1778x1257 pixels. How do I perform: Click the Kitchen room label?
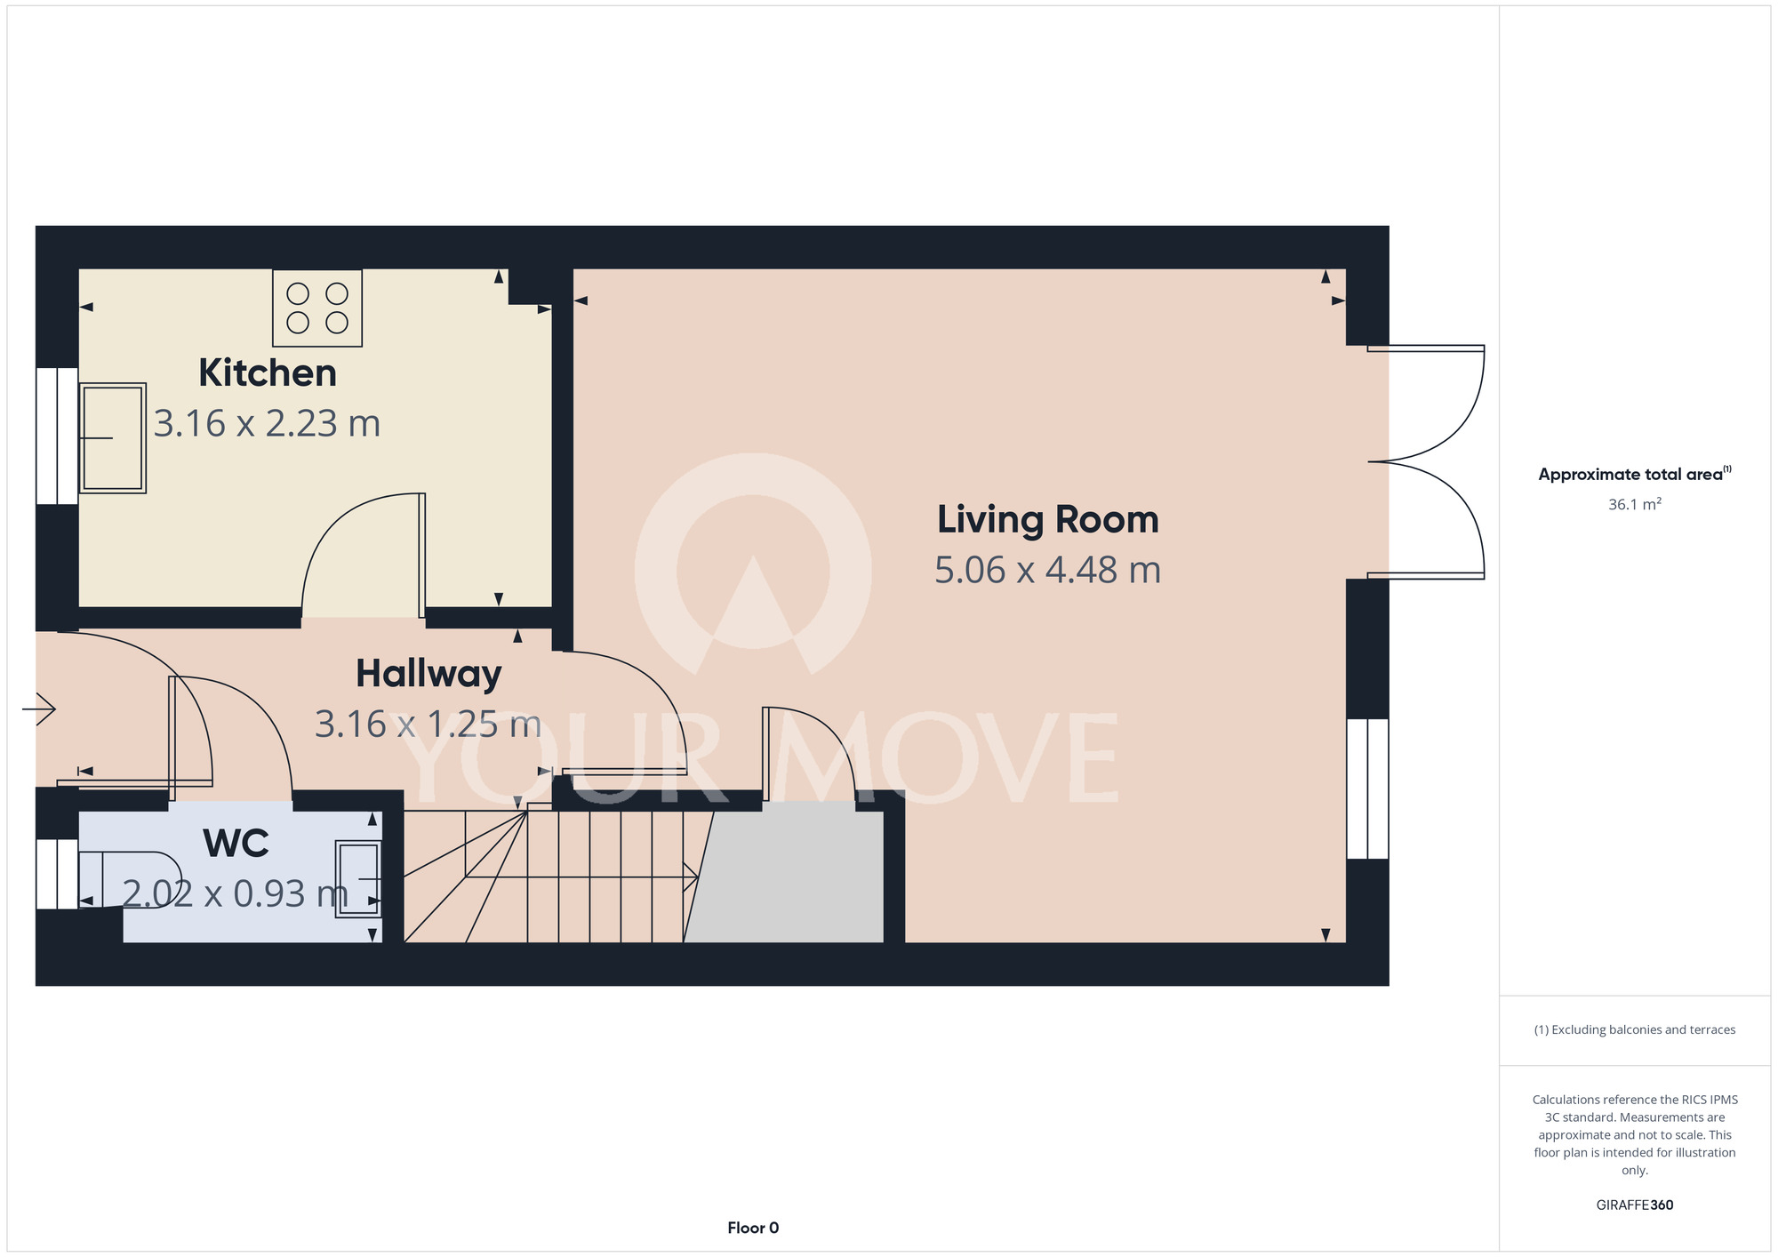(x=268, y=373)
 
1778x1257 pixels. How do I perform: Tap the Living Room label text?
(x=1048, y=520)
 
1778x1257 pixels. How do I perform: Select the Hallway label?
(x=428, y=675)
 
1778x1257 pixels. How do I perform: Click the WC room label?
(x=236, y=844)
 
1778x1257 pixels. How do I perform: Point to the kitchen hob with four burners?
(x=317, y=308)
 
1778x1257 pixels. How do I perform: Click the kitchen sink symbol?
(x=113, y=438)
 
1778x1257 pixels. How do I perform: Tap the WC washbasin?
(x=358, y=878)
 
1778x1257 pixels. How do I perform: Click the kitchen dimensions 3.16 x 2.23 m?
(x=267, y=424)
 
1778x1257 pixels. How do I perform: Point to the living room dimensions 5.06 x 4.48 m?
(x=1048, y=571)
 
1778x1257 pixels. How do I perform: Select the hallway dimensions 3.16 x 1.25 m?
(x=428, y=725)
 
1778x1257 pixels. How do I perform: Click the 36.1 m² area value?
(x=1635, y=504)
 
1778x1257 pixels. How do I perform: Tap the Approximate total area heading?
(x=1635, y=474)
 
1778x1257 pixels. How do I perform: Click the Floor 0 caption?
(x=753, y=1228)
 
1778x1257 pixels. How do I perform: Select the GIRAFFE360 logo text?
(x=1635, y=1205)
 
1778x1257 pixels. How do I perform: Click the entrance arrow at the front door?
(x=39, y=709)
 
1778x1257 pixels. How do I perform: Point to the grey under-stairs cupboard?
(x=784, y=872)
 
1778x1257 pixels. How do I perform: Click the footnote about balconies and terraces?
(x=1635, y=1029)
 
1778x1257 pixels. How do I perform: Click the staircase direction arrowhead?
(x=691, y=877)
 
